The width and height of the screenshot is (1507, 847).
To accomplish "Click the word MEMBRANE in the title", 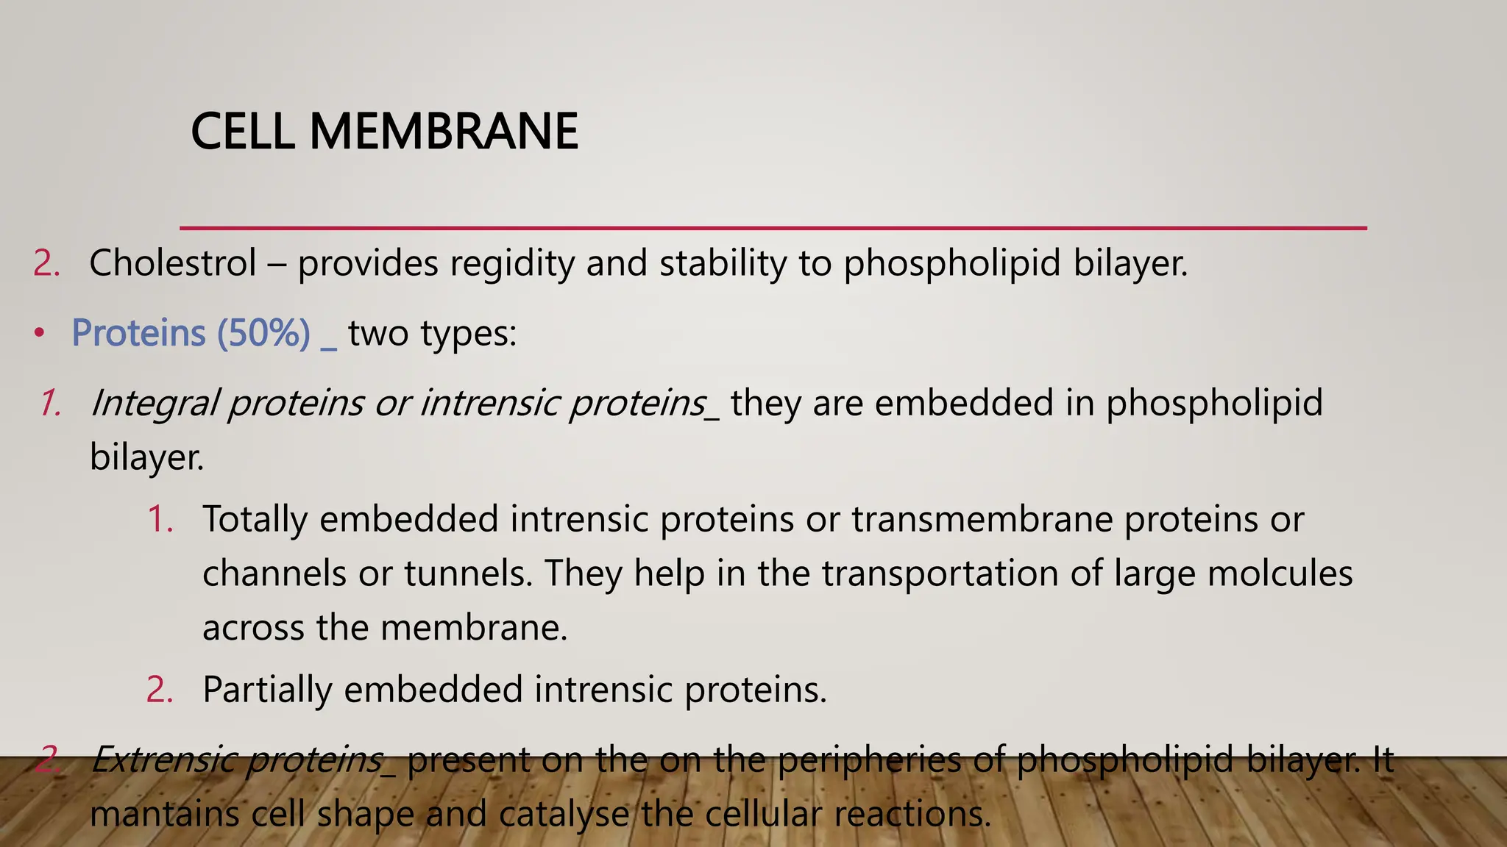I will coord(444,132).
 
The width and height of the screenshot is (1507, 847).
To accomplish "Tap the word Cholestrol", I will coord(173,263).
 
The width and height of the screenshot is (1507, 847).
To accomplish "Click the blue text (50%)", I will coord(263,333).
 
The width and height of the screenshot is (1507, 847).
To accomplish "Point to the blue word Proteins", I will coord(138,333).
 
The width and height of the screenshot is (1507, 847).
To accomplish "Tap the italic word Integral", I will coord(155,404).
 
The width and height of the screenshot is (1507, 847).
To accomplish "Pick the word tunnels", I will coord(467,574).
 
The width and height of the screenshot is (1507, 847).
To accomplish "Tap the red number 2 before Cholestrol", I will coord(46,263).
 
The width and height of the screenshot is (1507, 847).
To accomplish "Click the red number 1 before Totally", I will coord(160,520).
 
